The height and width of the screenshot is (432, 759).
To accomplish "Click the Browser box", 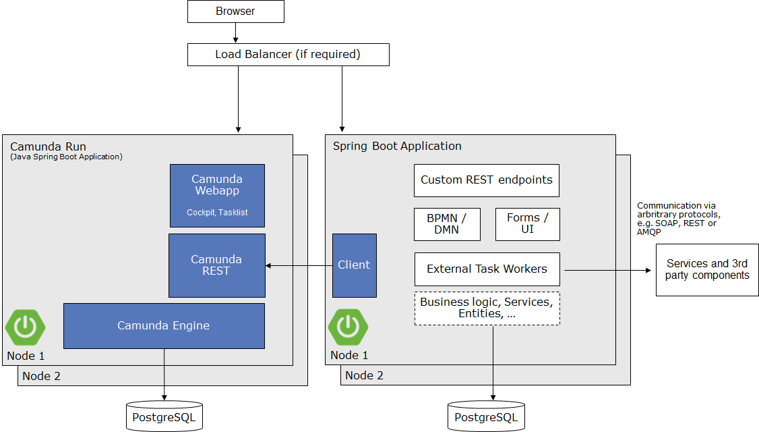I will tap(235, 11).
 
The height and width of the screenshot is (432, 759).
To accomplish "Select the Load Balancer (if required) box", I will tap(288, 55).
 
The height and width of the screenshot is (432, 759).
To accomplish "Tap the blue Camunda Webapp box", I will tap(217, 195).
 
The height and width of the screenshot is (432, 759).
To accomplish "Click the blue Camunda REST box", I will tap(216, 265).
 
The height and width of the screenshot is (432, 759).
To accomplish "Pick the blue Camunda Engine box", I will tap(164, 326).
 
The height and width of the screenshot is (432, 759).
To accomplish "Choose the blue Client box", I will tap(354, 265).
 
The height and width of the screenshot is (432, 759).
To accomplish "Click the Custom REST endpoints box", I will tap(486, 180).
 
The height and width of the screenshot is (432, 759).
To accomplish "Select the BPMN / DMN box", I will tap(447, 224).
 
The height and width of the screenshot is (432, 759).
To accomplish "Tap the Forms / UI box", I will tap(527, 224).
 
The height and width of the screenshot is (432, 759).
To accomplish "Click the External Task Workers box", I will tap(487, 269).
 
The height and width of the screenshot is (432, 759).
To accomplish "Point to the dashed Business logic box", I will tap(487, 308).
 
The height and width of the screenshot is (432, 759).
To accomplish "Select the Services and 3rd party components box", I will tap(707, 270).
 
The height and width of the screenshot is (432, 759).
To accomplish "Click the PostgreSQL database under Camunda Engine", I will tap(164, 416).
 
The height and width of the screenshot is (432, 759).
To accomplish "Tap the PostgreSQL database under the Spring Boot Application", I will tap(486, 416).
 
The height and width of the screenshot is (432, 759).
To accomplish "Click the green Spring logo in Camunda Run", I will tap(25, 327).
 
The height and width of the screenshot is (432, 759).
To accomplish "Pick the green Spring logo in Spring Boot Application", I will tap(348, 327).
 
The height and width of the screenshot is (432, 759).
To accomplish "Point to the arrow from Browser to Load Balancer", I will tap(235, 33).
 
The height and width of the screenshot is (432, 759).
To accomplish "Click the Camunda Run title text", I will tap(48, 146).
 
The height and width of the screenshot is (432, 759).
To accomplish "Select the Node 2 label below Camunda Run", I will tap(41, 376).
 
